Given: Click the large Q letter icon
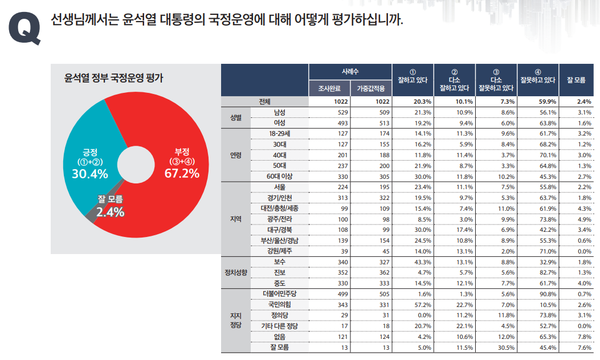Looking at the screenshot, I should [25, 28].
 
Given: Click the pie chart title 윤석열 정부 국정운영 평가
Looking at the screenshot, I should [113, 78].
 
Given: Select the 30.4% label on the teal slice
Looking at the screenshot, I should [90, 174].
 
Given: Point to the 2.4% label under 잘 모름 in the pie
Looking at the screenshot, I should [110, 212].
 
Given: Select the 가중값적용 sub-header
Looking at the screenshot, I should [370, 88].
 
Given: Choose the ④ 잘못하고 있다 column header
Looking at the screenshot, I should [537, 76].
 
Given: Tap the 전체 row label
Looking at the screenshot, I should [264, 101].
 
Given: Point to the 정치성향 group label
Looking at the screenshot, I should [235, 272].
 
